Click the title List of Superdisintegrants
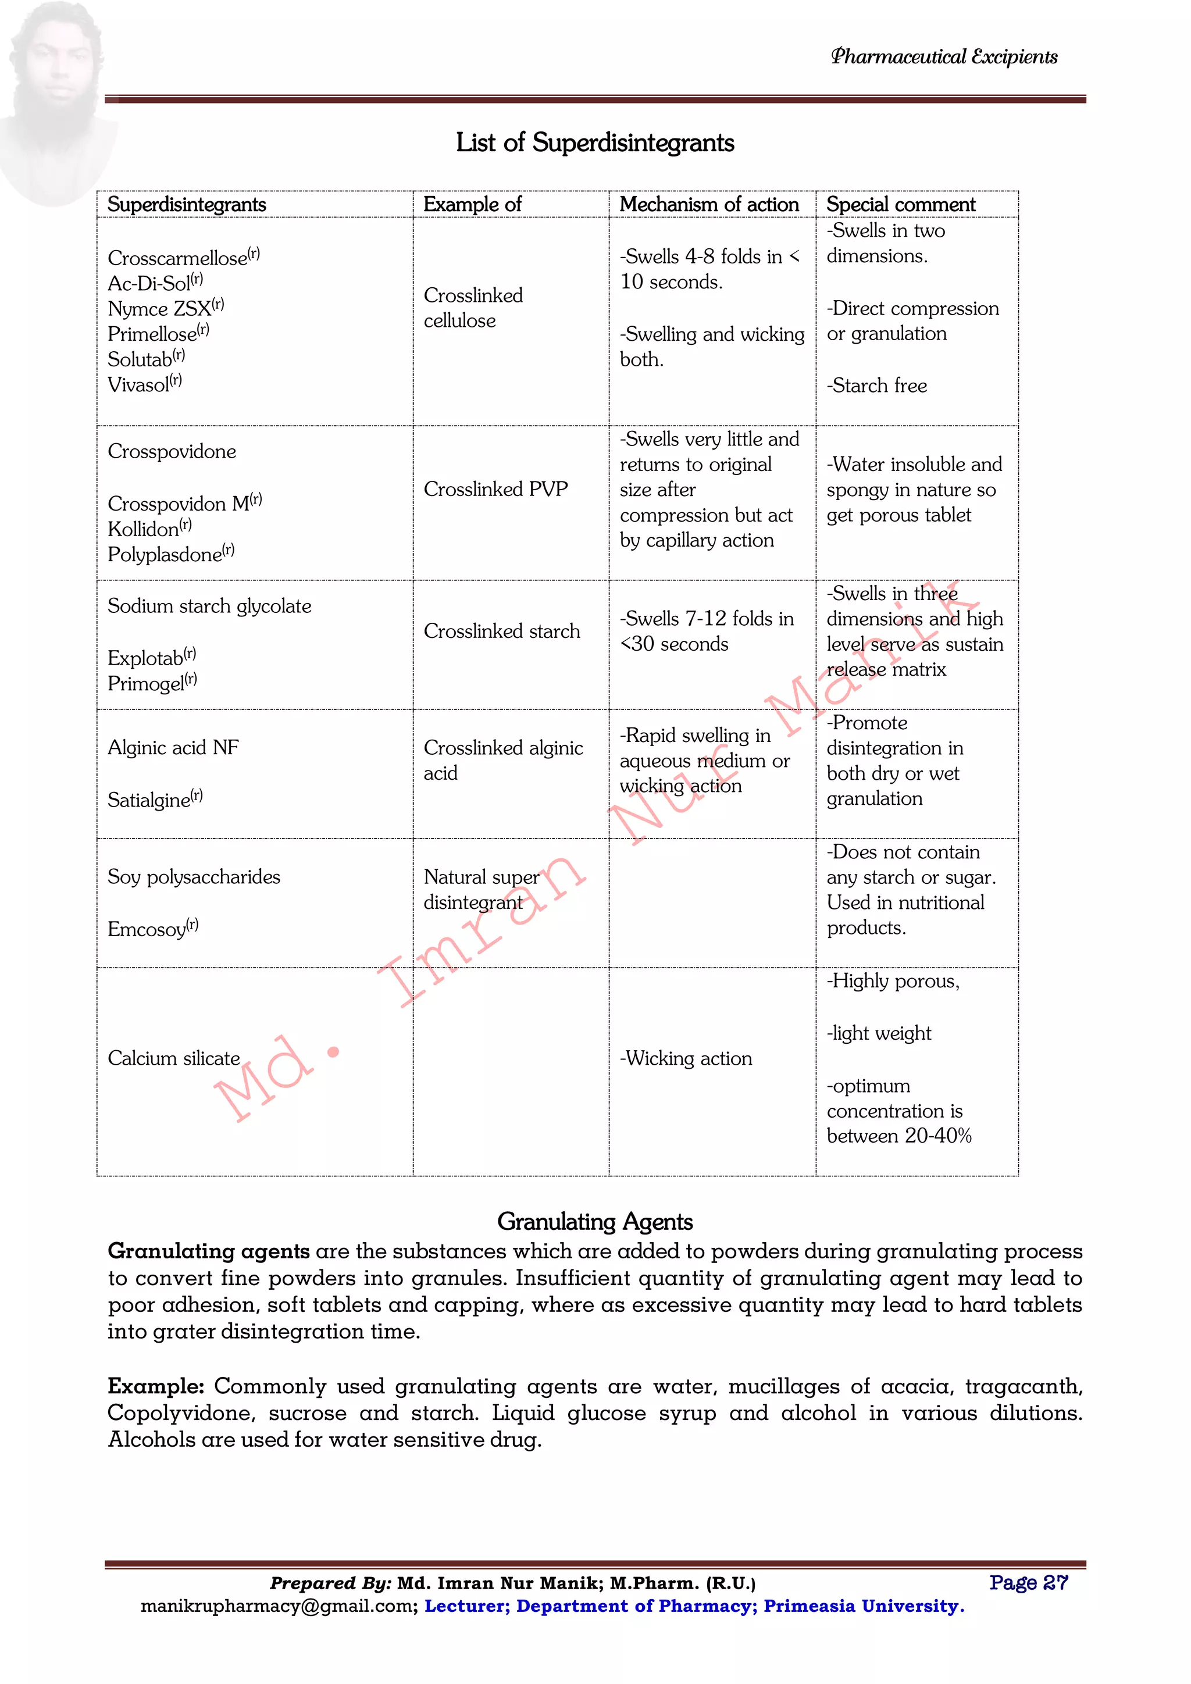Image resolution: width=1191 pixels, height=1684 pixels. coord(595,142)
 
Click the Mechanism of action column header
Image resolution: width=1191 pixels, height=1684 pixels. coord(708,205)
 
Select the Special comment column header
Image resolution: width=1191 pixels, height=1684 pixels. coord(901,205)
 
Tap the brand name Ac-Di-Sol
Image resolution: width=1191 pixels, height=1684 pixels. coord(149,284)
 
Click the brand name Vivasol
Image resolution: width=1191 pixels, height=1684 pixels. coord(140,385)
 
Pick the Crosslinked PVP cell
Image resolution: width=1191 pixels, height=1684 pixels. coord(495,489)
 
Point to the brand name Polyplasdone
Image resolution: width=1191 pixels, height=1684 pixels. coord(165,555)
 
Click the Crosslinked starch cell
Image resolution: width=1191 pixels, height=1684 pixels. coord(502,631)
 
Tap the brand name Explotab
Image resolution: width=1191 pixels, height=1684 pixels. coord(146,658)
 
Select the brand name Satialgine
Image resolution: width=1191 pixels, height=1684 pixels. coord(149,800)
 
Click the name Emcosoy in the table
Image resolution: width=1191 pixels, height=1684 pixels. coord(147,929)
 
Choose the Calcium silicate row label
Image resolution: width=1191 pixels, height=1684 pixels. coord(174,1058)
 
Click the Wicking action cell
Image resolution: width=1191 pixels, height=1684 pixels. coord(686,1058)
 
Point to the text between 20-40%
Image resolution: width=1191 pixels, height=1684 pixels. coord(899,1136)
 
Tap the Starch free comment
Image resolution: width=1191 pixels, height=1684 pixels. coord(877,386)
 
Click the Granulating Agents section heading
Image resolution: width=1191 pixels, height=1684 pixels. coord(595,1222)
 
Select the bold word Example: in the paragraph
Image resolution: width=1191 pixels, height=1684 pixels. coord(155,1387)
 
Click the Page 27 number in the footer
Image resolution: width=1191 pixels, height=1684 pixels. coord(1028,1583)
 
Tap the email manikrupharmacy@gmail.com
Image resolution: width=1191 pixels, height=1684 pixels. coord(279,1606)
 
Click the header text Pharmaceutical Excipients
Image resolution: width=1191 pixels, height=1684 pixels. coord(944,57)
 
